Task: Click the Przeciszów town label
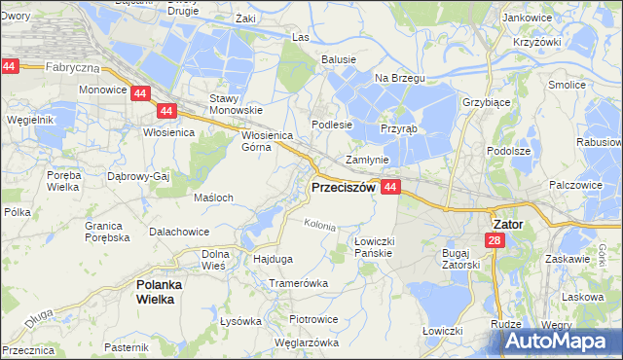[342, 188]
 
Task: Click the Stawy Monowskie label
[231, 104]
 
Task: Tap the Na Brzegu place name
[394, 78]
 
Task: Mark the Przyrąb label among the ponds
[399, 127]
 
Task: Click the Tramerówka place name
[299, 283]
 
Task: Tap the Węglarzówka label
[307, 342]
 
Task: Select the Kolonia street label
[319, 225]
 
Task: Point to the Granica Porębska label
[107, 231]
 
